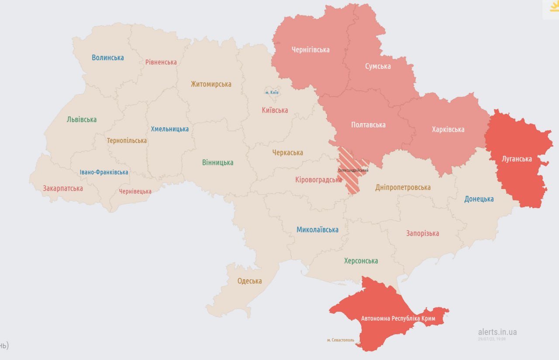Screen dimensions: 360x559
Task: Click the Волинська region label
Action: (107, 58)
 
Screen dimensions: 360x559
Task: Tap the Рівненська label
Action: (161, 62)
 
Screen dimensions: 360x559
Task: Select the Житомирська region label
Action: (211, 84)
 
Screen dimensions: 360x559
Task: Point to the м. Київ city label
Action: (272, 93)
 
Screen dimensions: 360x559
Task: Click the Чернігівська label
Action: (311, 50)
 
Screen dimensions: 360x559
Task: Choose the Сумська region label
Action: (378, 66)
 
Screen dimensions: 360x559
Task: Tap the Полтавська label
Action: (368, 125)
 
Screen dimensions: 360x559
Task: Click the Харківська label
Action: (448, 130)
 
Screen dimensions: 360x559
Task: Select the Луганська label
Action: (517, 159)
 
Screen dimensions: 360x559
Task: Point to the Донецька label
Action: (479, 199)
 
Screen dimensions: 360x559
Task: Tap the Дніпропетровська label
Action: (403, 188)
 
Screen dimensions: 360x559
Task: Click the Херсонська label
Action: (361, 261)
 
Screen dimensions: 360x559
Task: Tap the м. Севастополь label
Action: (340, 340)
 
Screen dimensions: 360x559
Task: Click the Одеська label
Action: (249, 281)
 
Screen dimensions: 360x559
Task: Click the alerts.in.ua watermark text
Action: (497, 332)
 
